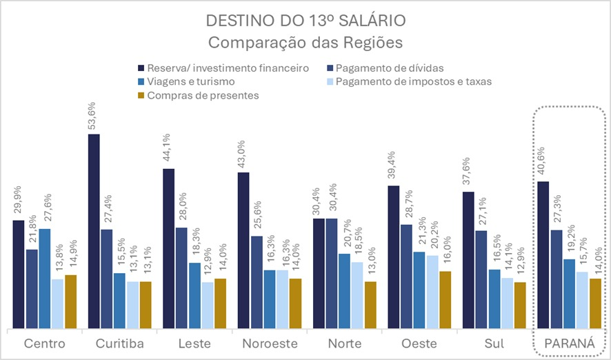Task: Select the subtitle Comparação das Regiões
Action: pos(305,41)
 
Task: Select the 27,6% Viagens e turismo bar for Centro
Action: pos(45,279)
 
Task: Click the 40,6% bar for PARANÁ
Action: pos(543,255)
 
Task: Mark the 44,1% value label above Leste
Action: pos(169,152)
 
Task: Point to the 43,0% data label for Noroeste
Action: pos(243,155)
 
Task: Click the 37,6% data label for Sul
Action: pos(469,174)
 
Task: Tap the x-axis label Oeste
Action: pos(420,343)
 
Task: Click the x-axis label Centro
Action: pos(45,343)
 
